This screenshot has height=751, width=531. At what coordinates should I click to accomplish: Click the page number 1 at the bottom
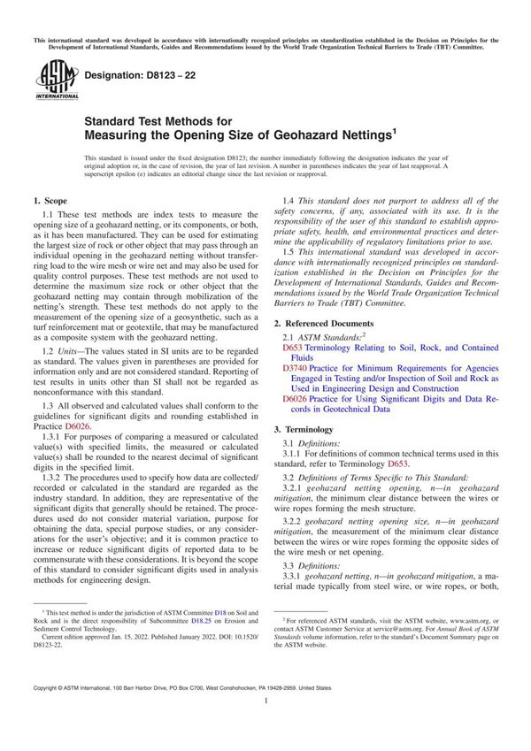click(265, 724)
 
